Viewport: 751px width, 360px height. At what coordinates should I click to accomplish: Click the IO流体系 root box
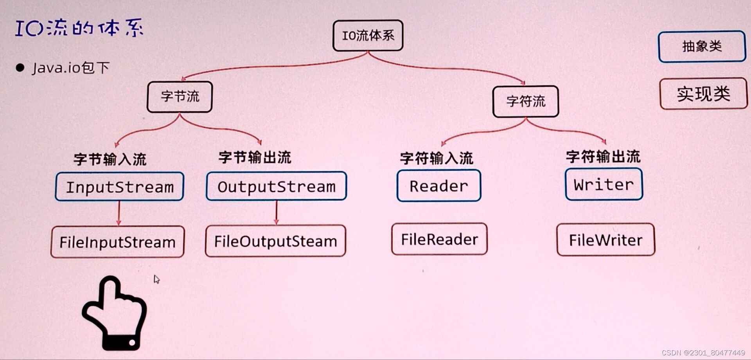368,36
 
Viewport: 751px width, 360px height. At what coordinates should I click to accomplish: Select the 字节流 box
180,97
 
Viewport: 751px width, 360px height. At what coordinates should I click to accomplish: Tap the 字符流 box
525,101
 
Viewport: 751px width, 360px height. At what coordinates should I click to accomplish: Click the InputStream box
119,187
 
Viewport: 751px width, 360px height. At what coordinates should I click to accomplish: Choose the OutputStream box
276,186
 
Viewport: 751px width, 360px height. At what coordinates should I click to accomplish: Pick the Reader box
438,186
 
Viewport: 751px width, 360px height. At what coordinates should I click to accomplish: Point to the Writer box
604,184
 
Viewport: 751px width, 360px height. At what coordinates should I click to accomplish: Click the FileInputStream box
117,242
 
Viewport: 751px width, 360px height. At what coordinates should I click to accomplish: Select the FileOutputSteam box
275,241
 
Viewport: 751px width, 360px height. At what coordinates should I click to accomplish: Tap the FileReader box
439,239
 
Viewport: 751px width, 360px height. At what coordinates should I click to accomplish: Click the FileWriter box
605,240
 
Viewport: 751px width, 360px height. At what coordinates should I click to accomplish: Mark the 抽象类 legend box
702,47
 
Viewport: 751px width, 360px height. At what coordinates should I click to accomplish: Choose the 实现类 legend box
703,94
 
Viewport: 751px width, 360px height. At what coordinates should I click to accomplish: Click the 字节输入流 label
110,159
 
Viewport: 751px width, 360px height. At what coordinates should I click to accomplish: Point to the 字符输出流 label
603,157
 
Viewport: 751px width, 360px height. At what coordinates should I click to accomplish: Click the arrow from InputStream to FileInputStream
119,213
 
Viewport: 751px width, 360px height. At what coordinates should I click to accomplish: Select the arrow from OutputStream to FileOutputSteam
276,212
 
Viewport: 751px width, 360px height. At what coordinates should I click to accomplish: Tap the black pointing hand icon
114,313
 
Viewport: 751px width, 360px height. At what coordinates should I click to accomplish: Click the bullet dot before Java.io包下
20,68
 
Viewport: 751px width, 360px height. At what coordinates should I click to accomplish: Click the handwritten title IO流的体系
79,28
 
